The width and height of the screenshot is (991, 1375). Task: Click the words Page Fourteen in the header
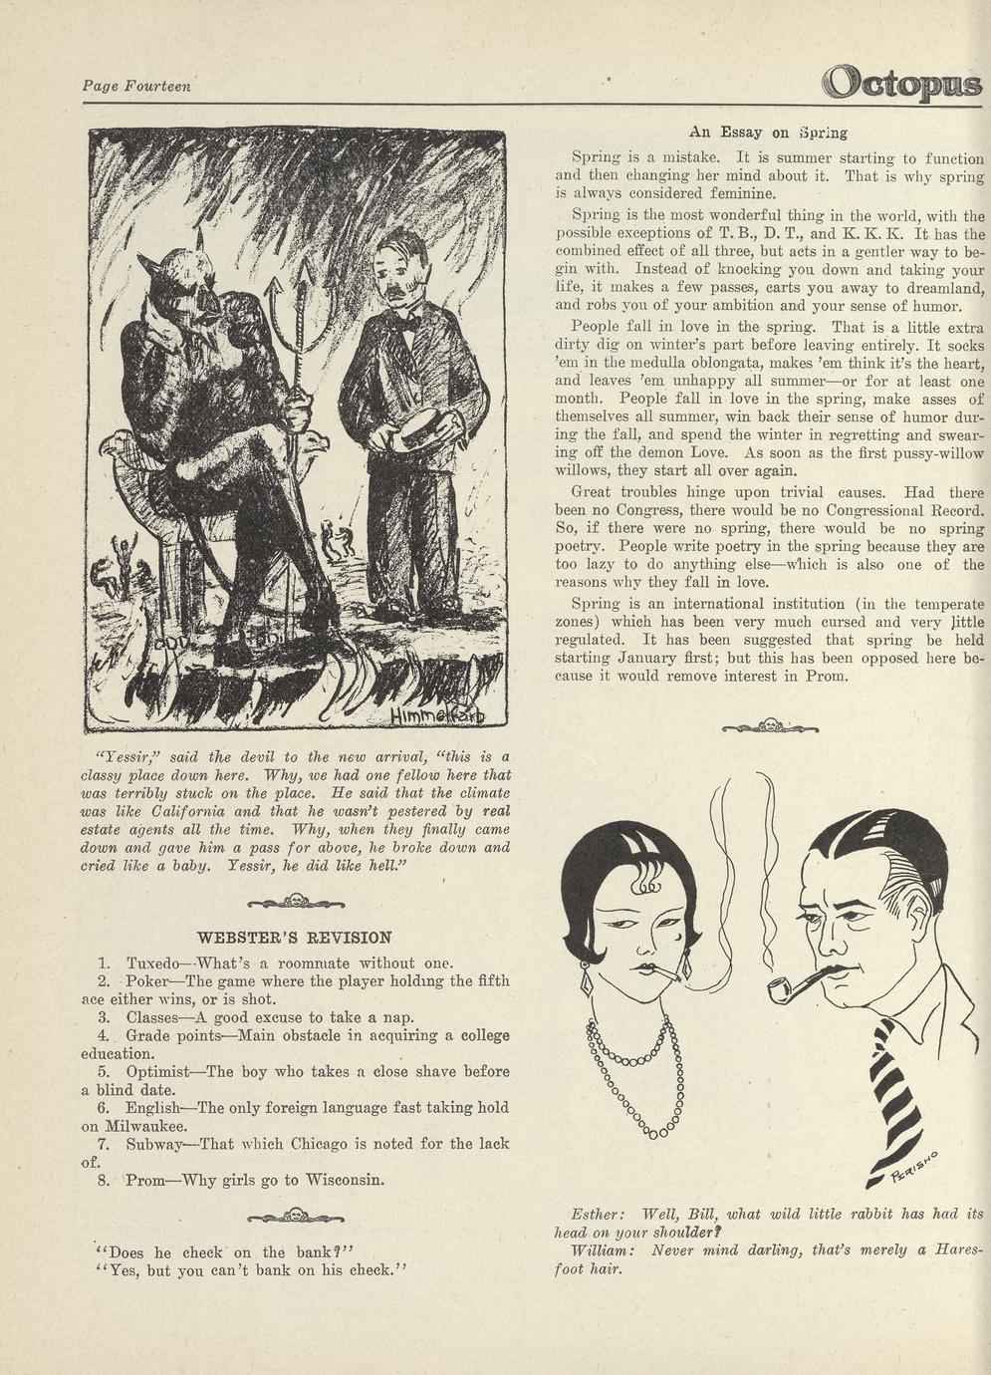point(136,87)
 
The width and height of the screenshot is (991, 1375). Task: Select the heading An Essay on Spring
point(768,132)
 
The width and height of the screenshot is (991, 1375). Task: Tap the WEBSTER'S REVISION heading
point(295,938)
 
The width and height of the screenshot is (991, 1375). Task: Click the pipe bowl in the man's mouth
point(781,990)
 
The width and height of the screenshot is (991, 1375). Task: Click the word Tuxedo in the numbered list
point(153,963)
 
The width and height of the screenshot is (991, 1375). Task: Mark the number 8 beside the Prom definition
point(104,1181)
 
